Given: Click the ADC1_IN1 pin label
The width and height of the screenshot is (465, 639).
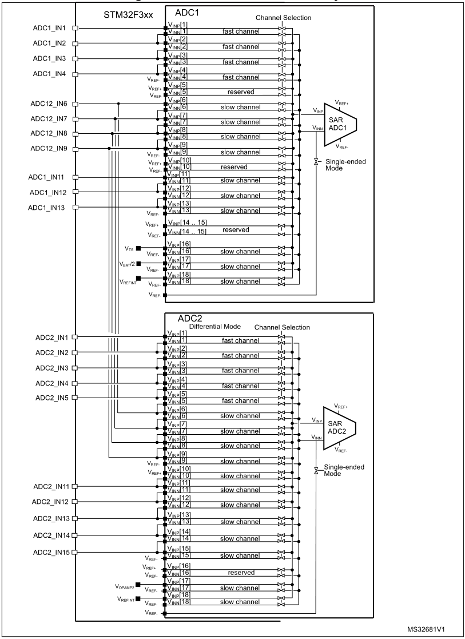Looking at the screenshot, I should coord(49,27).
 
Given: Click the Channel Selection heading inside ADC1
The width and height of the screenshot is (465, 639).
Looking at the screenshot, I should coord(284,18).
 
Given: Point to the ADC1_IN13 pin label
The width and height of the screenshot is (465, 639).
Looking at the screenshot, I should coord(49,207).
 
